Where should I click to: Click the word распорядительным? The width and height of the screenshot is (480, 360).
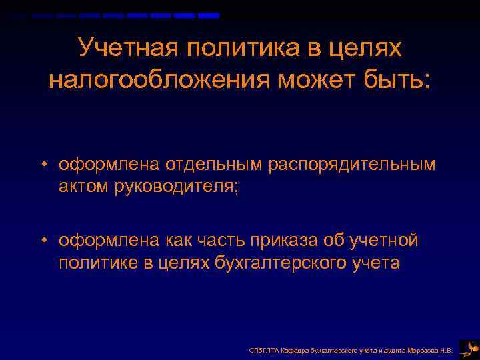tap(351, 165)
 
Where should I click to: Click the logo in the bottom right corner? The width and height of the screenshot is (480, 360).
tap(468, 347)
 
